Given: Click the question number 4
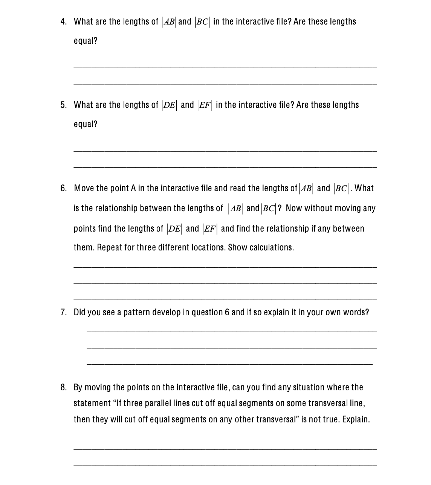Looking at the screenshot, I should pyautogui.click(x=63, y=21).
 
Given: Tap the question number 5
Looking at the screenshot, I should pyautogui.click(x=63, y=105).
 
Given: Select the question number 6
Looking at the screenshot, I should pyautogui.click(x=63, y=188).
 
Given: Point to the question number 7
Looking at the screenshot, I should pyautogui.click(x=63, y=312).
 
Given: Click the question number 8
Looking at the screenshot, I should pyautogui.click(x=63, y=387).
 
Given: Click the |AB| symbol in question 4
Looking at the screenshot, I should pyautogui.click(x=168, y=22).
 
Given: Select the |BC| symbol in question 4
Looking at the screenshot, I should pyautogui.click(x=202, y=22).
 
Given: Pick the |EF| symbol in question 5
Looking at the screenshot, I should pyautogui.click(x=205, y=105).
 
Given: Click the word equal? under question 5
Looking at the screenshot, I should pyautogui.click(x=86, y=124).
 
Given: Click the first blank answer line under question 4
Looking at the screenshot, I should pyautogui.click(x=225, y=68).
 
